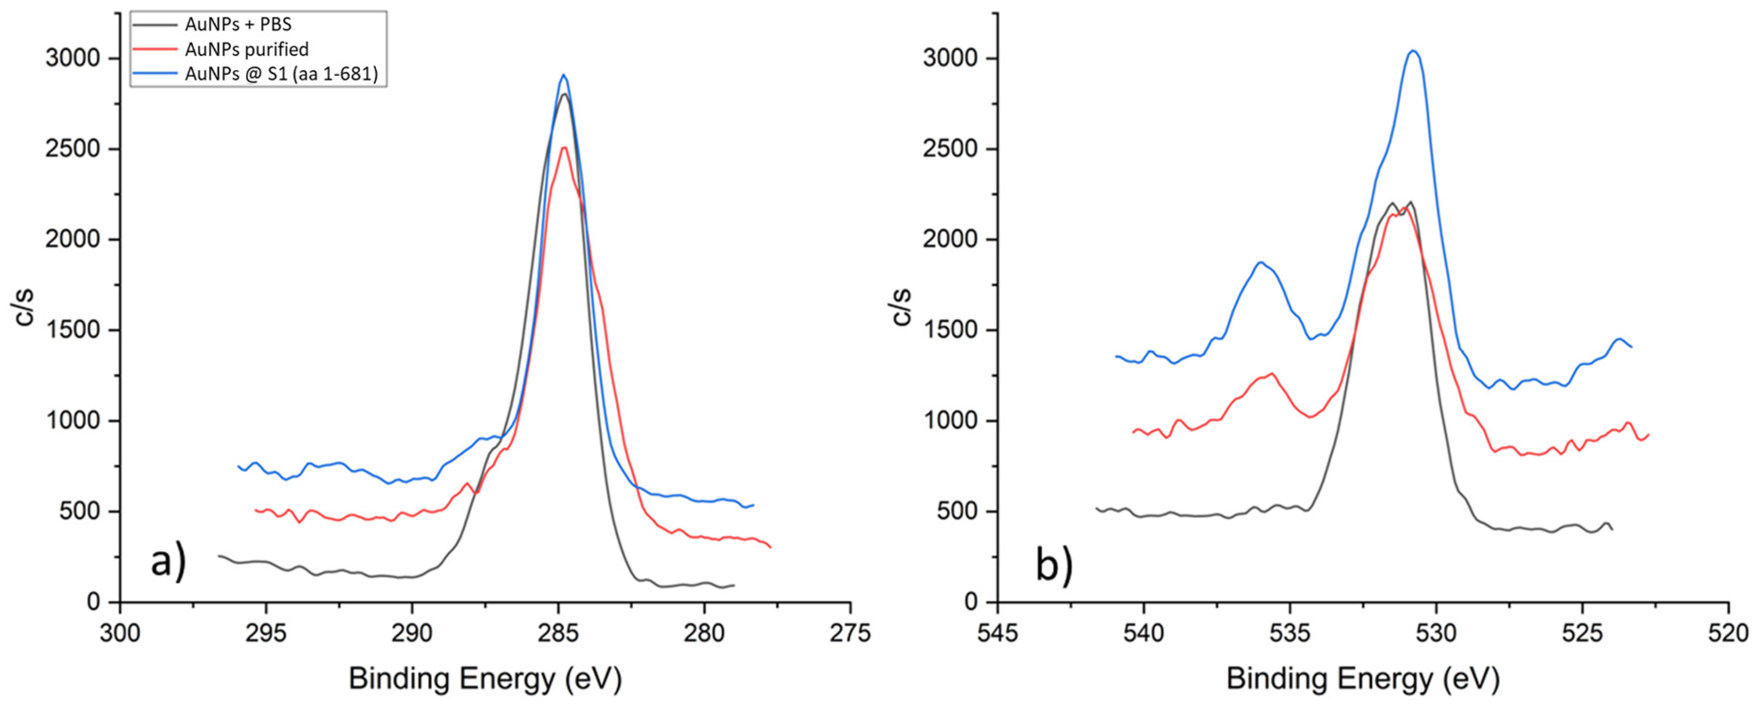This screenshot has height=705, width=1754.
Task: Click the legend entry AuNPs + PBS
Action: (x=237, y=25)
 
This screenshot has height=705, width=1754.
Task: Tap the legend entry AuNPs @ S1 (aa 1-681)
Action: (x=281, y=74)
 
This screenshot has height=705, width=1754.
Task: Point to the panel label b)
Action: (x=1053, y=566)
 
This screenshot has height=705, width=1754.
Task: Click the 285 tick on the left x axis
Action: (x=558, y=633)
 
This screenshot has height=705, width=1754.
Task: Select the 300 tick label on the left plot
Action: (x=120, y=633)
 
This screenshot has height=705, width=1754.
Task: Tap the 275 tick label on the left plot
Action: (x=850, y=633)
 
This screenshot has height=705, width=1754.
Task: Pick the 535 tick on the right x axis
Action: (x=1290, y=633)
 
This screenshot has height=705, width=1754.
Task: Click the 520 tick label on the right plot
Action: (x=1728, y=633)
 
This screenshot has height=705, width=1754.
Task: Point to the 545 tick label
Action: (x=997, y=633)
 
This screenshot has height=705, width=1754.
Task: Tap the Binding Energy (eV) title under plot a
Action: (x=485, y=678)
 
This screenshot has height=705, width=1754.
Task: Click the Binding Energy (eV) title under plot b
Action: (x=1362, y=678)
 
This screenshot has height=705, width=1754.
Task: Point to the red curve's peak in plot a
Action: (x=564, y=148)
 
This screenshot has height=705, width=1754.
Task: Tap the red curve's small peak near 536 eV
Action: (x=1271, y=374)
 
